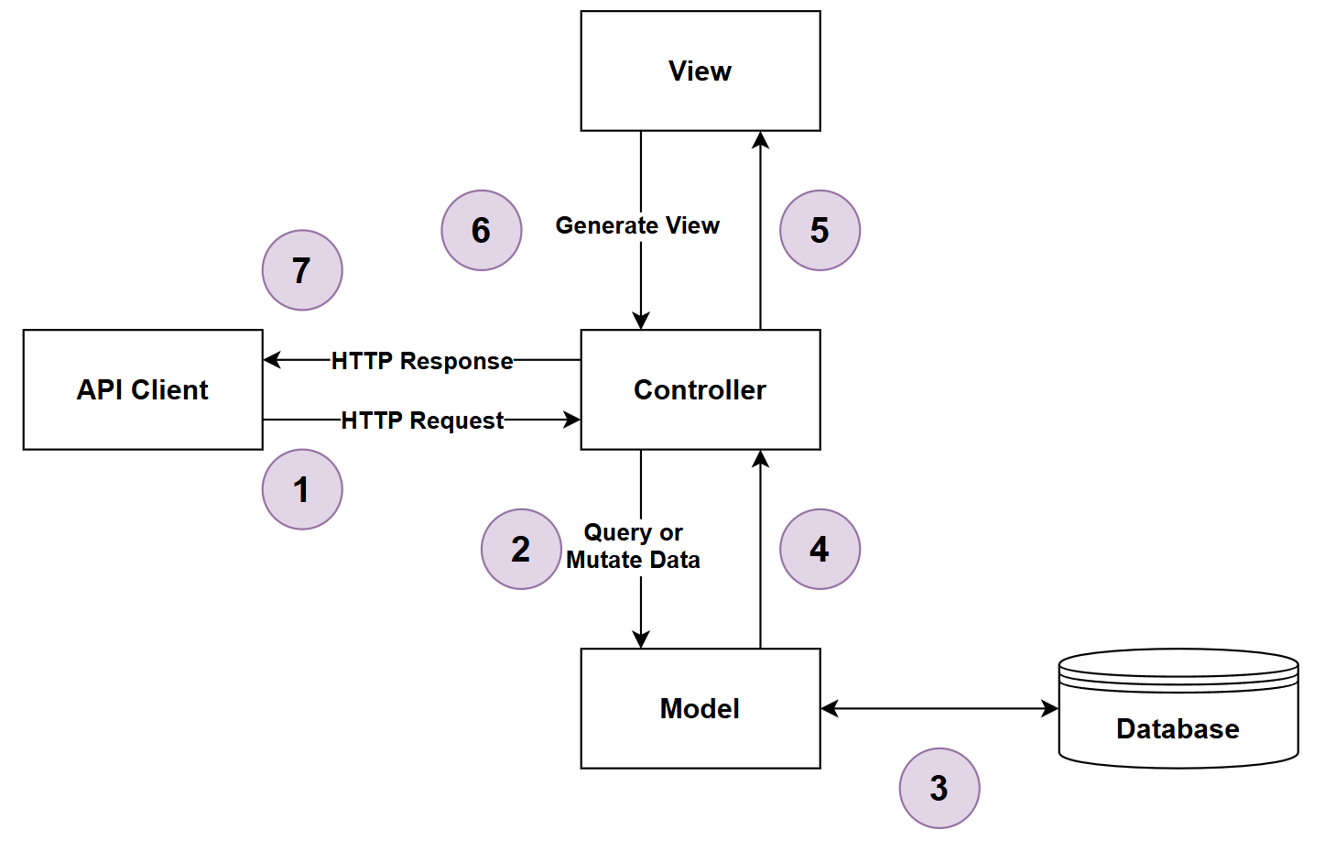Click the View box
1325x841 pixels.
pyautogui.click(x=701, y=71)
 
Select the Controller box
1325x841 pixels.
pyautogui.click(x=701, y=389)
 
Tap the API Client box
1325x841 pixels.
pyautogui.click(x=143, y=389)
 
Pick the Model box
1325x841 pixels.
pyautogui.click(x=701, y=708)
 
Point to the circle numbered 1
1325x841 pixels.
pyautogui.click(x=302, y=489)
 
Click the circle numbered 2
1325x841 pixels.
pyautogui.click(x=521, y=549)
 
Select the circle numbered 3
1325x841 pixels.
pyautogui.click(x=939, y=788)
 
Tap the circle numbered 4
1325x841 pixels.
pyautogui.click(x=820, y=549)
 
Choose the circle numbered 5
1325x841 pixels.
pyautogui.click(x=820, y=230)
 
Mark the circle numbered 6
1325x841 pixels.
pyautogui.click(x=482, y=230)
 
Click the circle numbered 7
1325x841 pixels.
pyautogui.click(x=302, y=270)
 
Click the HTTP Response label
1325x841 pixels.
pyautogui.click(x=422, y=361)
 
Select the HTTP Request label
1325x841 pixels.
pyautogui.click(x=422, y=420)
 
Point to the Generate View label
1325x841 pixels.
pyautogui.click(x=637, y=225)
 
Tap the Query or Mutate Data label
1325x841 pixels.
pyautogui.click(x=633, y=546)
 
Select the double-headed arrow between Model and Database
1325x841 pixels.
pyautogui.click(x=939, y=708)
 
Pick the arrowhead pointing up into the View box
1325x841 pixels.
pyautogui.click(x=760, y=140)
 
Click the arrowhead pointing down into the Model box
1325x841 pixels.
pyautogui.click(x=641, y=639)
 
